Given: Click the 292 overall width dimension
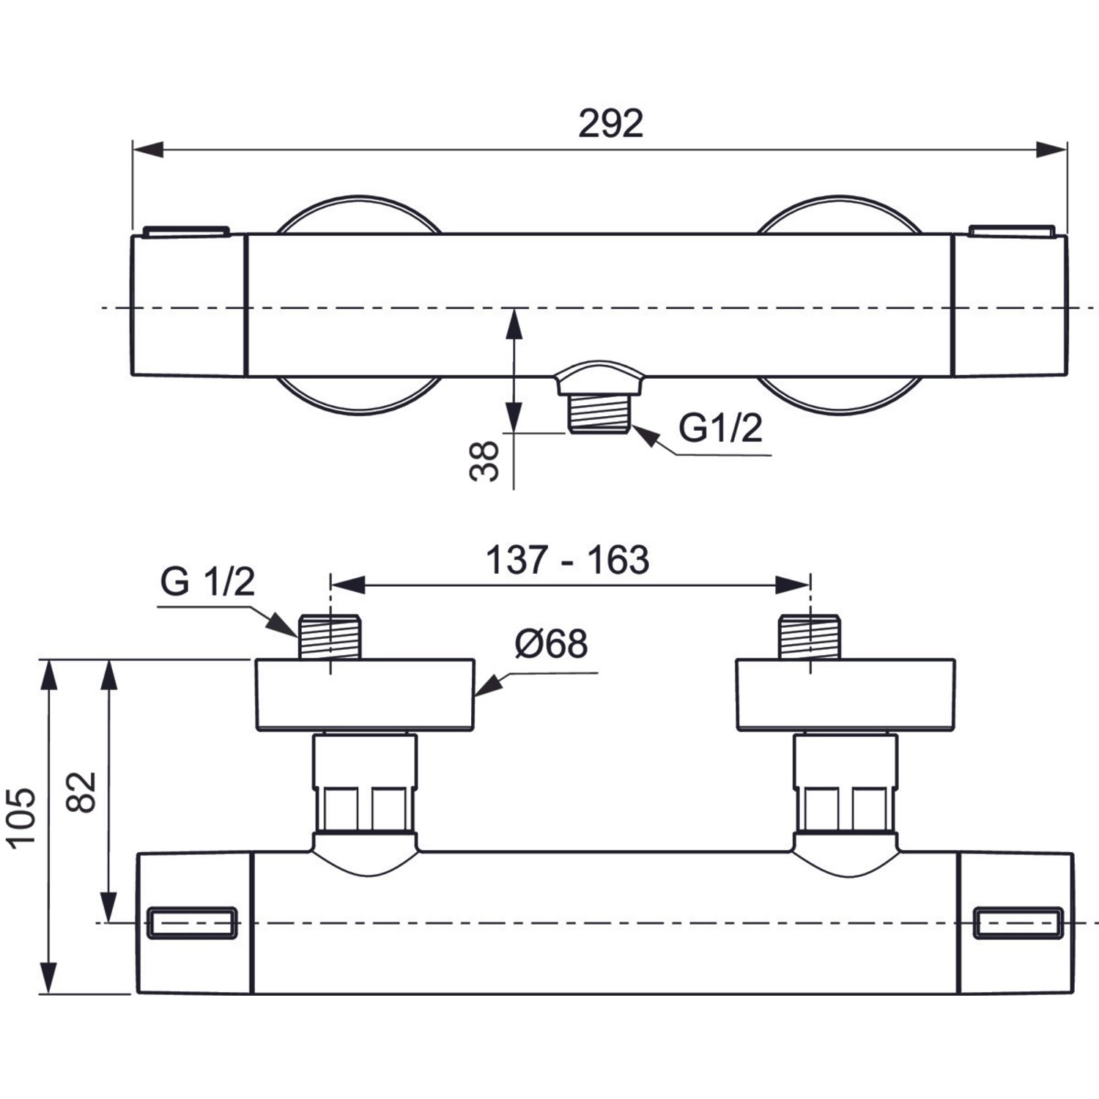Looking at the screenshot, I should pos(610,123).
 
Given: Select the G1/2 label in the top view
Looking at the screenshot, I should pos(721,428).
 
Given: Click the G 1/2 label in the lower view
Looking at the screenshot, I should pos(207,582).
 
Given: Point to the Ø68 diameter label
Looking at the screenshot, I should pos(551,644).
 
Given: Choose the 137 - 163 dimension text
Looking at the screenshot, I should pos(568,560).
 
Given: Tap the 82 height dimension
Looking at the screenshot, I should pos(83,792).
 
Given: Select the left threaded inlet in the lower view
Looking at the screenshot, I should pos(330,636).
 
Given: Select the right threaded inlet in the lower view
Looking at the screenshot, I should pos(810,636).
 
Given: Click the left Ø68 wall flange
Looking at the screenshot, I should pos(365,695).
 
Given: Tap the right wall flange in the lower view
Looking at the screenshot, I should pos(845,695).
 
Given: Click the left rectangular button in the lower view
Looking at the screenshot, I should pos(192,922).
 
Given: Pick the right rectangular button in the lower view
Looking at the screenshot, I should pos(1018,922).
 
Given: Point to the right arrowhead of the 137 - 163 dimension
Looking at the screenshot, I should pos(793,585).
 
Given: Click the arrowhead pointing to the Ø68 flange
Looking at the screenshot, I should pos(488,686).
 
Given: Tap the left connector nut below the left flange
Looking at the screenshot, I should pos(364,784).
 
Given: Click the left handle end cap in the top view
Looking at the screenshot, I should pos(188,305).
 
